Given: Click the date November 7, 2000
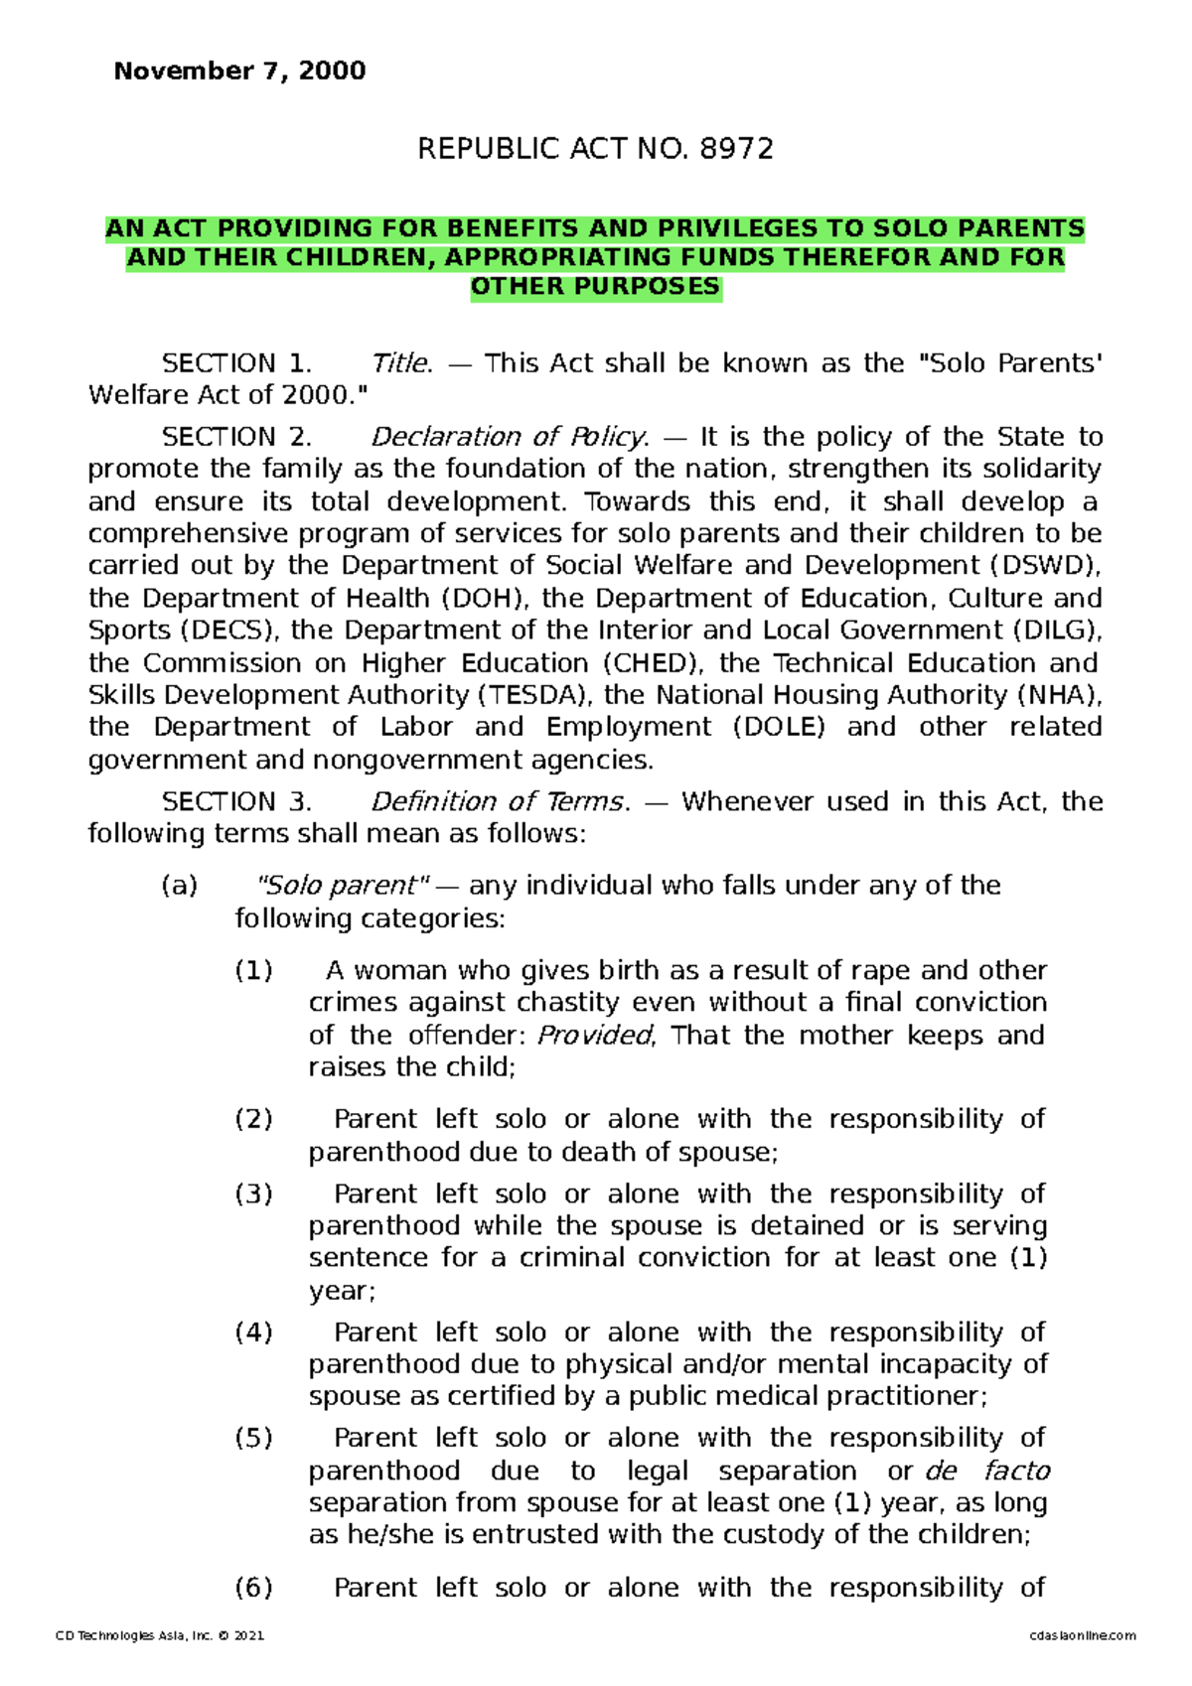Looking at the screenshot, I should [239, 71].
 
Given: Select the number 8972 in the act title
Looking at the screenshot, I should [736, 149].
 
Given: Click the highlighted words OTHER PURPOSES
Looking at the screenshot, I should [595, 287].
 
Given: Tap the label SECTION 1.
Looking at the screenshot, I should [236, 363].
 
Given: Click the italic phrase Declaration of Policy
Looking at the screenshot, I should [509, 437].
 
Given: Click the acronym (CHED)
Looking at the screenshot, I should [652, 663].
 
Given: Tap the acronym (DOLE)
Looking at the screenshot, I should [779, 728].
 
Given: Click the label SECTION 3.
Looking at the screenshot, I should [236, 801].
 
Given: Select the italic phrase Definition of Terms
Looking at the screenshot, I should [500, 801].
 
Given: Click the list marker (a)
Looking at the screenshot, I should [180, 886].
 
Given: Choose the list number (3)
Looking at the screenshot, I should [253, 1194].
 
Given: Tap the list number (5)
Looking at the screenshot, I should [253, 1438].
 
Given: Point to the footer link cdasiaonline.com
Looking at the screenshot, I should [1083, 1635].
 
